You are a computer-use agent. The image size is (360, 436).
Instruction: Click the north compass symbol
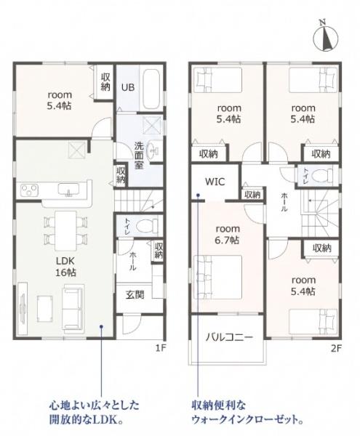[x=326, y=37]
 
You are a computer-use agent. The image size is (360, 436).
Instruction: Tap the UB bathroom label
[x=128, y=87]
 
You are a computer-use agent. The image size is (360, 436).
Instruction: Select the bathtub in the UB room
[x=151, y=89]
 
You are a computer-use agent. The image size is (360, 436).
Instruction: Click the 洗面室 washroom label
[x=139, y=156]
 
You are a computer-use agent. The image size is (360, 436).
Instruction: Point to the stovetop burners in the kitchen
[x=29, y=190]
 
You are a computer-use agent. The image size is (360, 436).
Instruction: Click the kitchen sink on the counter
[x=68, y=190]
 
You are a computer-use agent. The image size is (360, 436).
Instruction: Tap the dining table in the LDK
[x=65, y=230]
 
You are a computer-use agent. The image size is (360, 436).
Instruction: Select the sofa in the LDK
[x=72, y=307]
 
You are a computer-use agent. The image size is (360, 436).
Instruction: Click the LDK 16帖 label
[x=65, y=267]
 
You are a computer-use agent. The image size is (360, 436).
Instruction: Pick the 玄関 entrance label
[x=135, y=295]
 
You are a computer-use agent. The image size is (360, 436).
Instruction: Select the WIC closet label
[x=215, y=182]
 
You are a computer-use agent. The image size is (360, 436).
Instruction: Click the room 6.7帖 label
[x=228, y=235]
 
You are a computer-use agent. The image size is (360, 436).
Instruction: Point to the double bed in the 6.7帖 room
[x=217, y=277]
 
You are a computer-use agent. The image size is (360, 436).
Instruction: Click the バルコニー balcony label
[x=229, y=337]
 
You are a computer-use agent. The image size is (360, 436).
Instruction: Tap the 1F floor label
[x=161, y=348]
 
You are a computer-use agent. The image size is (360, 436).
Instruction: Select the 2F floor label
[x=336, y=348]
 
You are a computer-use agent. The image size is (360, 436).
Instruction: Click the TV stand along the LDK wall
[x=23, y=309]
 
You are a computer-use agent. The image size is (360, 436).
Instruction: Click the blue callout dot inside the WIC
[x=198, y=195]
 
